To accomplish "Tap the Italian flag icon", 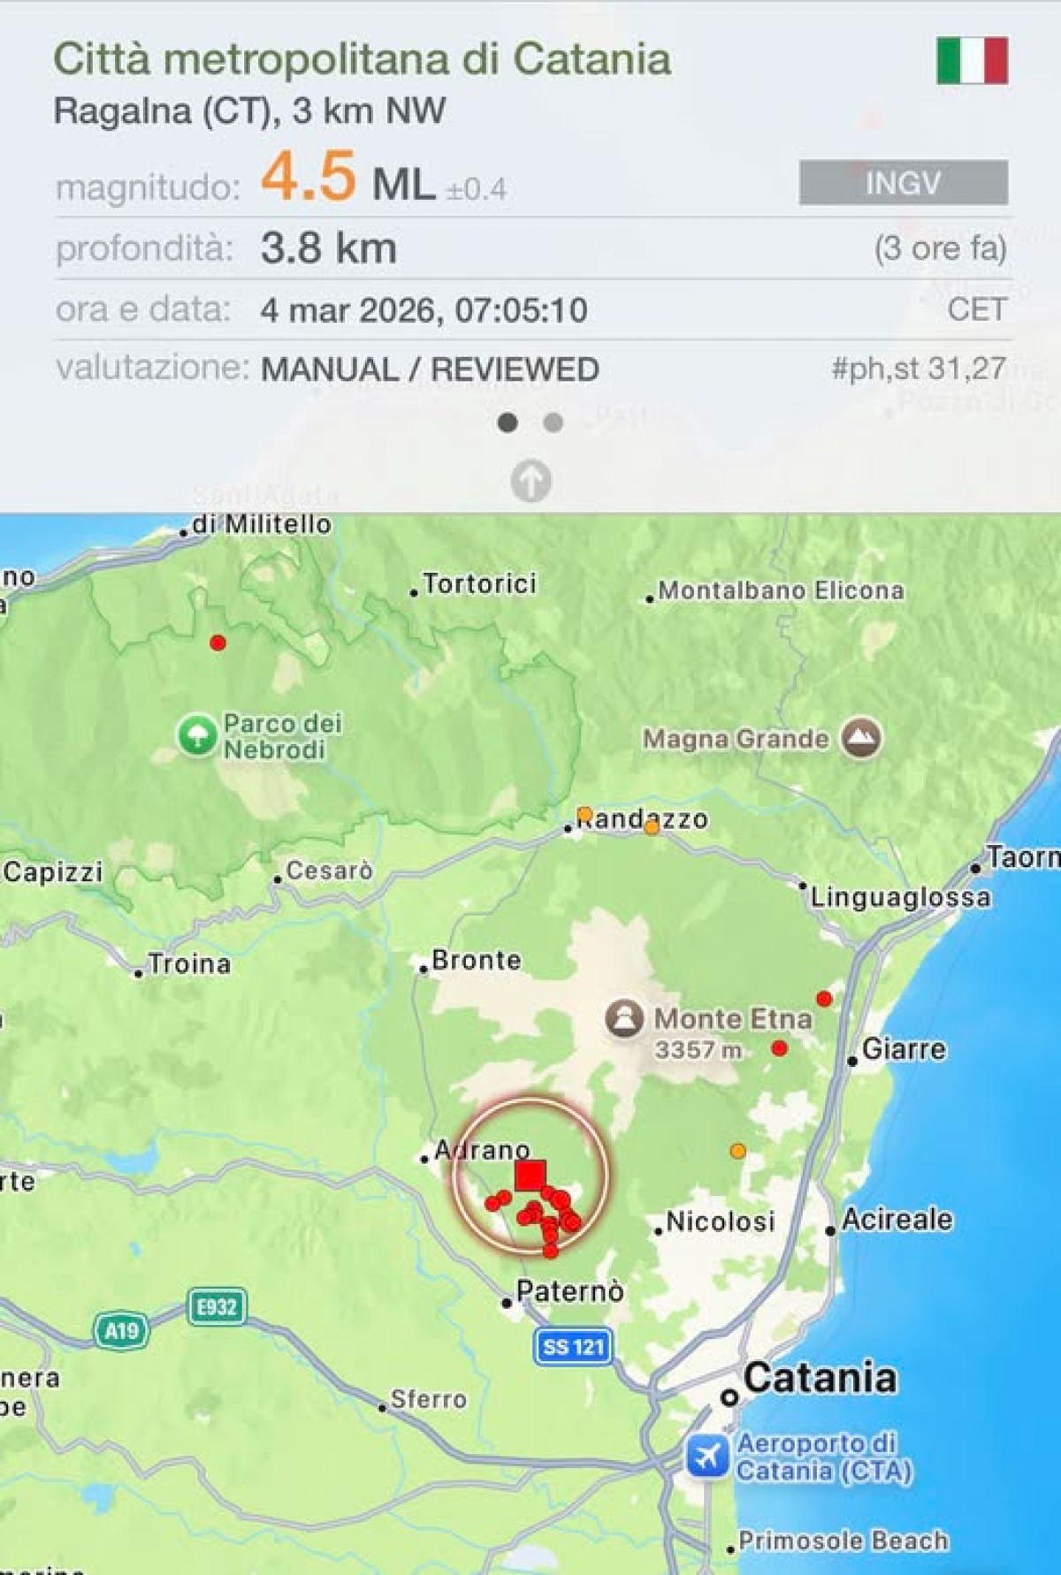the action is pyautogui.click(x=972, y=60).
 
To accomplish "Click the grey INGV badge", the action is pyautogui.click(x=903, y=183).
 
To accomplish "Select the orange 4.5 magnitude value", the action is pyautogui.click(x=309, y=176).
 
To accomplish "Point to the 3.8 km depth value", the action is pyautogui.click(x=328, y=248).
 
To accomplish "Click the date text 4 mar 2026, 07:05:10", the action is pyautogui.click(x=424, y=310).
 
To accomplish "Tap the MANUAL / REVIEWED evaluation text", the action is pyautogui.click(x=430, y=369).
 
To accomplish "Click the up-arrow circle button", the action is pyautogui.click(x=530, y=481).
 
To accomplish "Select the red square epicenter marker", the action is pyautogui.click(x=530, y=1176).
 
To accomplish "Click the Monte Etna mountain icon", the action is pyautogui.click(x=624, y=1018).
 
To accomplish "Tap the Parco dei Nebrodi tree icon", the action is pyautogui.click(x=196, y=735).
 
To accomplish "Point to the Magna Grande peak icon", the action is pyautogui.click(x=860, y=738).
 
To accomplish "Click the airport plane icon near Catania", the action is pyautogui.click(x=707, y=1456).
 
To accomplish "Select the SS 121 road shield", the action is pyautogui.click(x=573, y=1347).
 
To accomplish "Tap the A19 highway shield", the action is pyautogui.click(x=121, y=1331).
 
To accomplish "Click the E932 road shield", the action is pyautogui.click(x=217, y=1306).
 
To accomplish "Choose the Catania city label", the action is pyautogui.click(x=819, y=1378).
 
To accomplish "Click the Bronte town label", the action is pyautogui.click(x=477, y=961).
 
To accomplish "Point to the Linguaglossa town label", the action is pyautogui.click(x=900, y=898).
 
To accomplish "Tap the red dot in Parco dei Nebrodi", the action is pyautogui.click(x=218, y=643).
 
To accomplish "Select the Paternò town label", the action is pyautogui.click(x=569, y=1291).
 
